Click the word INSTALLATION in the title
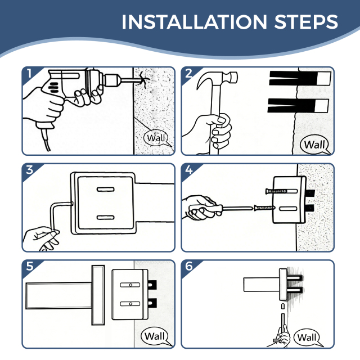(194, 22)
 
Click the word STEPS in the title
(306, 22)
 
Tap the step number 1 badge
(29, 74)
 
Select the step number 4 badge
(189, 170)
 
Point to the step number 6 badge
(189, 266)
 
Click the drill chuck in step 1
(112, 80)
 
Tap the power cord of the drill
(46, 139)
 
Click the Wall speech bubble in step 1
(156, 138)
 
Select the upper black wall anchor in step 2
(300, 78)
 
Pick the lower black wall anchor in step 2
(298, 106)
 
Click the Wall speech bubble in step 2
(314, 145)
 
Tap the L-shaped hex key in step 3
(54, 216)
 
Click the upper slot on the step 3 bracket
(106, 190)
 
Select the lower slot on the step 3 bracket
(106, 218)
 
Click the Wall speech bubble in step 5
(155, 336)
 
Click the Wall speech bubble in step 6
(307, 337)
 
